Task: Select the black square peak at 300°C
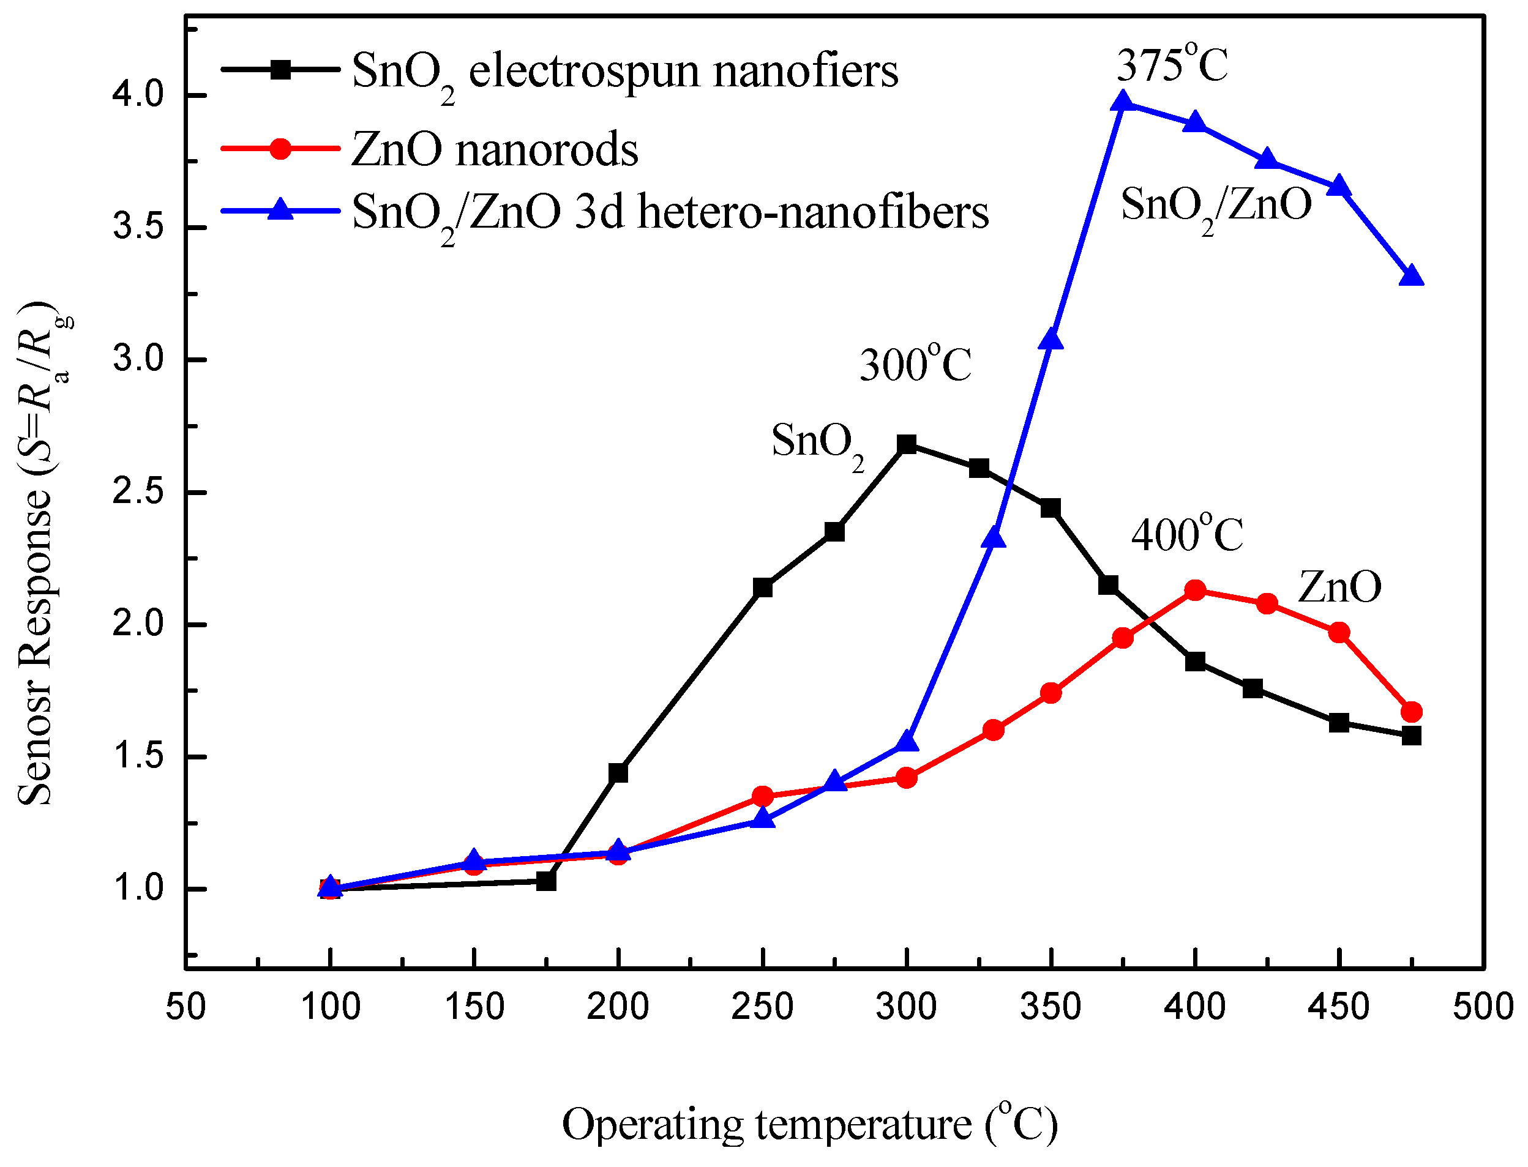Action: coord(907,444)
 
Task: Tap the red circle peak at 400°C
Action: coord(1195,591)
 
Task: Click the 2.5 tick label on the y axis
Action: coord(138,492)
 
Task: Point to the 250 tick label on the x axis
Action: coord(762,1007)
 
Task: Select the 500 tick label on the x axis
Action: coord(1483,1007)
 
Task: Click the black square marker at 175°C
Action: coord(547,881)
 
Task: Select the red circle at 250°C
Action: coord(763,796)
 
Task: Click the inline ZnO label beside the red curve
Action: coord(1339,586)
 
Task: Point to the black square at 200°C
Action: coord(618,772)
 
